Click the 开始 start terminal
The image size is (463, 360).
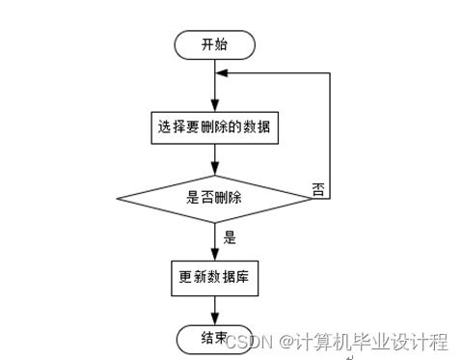click(214, 44)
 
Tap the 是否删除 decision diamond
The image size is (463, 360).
click(214, 198)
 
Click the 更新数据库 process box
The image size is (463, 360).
click(214, 278)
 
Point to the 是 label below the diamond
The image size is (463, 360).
click(230, 236)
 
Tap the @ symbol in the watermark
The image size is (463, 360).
click(286, 342)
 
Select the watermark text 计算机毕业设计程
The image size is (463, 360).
click(372, 341)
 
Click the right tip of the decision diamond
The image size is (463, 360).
click(311, 198)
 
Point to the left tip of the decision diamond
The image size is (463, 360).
click(118, 198)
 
